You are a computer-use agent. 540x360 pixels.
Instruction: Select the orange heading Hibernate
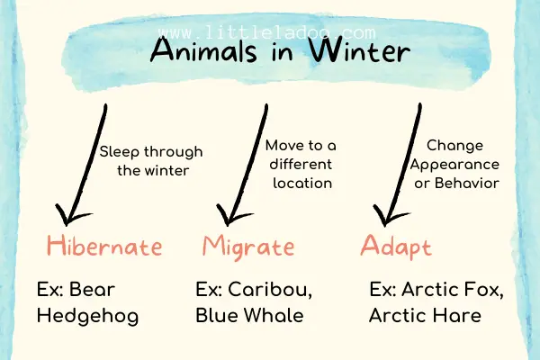(x=104, y=245)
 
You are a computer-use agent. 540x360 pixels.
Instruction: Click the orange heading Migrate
(x=248, y=245)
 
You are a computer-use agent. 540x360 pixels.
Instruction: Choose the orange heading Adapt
(x=397, y=245)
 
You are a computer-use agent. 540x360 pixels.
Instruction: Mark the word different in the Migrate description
(x=300, y=163)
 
